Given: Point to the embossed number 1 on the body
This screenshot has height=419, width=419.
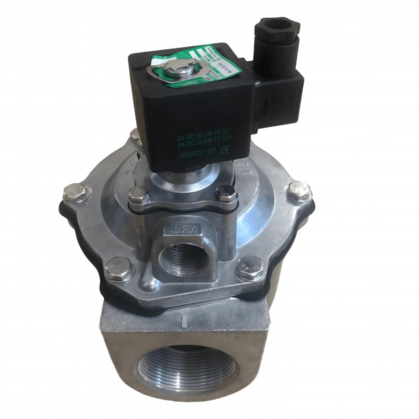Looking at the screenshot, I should [x=183, y=317].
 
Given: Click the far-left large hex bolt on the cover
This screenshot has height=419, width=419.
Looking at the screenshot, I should [x=72, y=194].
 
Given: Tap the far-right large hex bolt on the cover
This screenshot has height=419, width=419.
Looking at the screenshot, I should [x=299, y=191].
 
